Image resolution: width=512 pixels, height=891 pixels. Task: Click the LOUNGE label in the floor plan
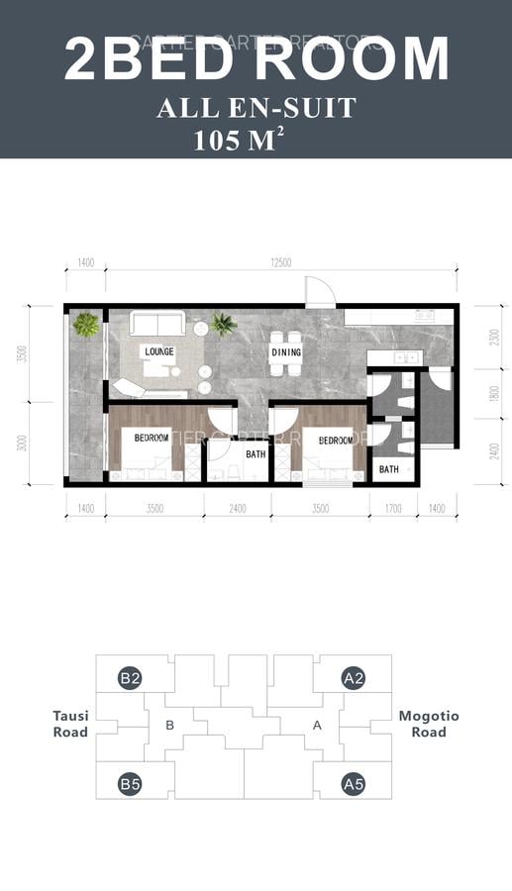point(158,351)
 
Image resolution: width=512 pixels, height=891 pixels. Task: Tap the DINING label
point(285,351)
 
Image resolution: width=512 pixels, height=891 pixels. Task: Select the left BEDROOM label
point(153,438)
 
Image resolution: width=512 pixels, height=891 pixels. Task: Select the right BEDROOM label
point(336,440)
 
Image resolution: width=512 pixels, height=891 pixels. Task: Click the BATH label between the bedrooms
point(256,454)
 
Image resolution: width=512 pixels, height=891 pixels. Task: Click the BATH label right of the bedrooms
point(388,469)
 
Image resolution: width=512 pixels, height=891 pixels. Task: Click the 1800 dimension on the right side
point(480,392)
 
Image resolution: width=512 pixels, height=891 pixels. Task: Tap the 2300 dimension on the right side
point(480,336)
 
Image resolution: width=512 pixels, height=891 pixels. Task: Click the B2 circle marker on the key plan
point(130,678)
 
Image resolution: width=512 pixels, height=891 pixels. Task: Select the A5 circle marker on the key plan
point(354,785)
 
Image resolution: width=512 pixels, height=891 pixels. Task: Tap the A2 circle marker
point(354,678)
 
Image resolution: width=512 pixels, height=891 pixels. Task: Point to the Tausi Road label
point(70,724)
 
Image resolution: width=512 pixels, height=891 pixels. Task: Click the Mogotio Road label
point(428,724)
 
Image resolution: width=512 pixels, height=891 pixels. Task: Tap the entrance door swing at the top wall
point(319,291)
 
